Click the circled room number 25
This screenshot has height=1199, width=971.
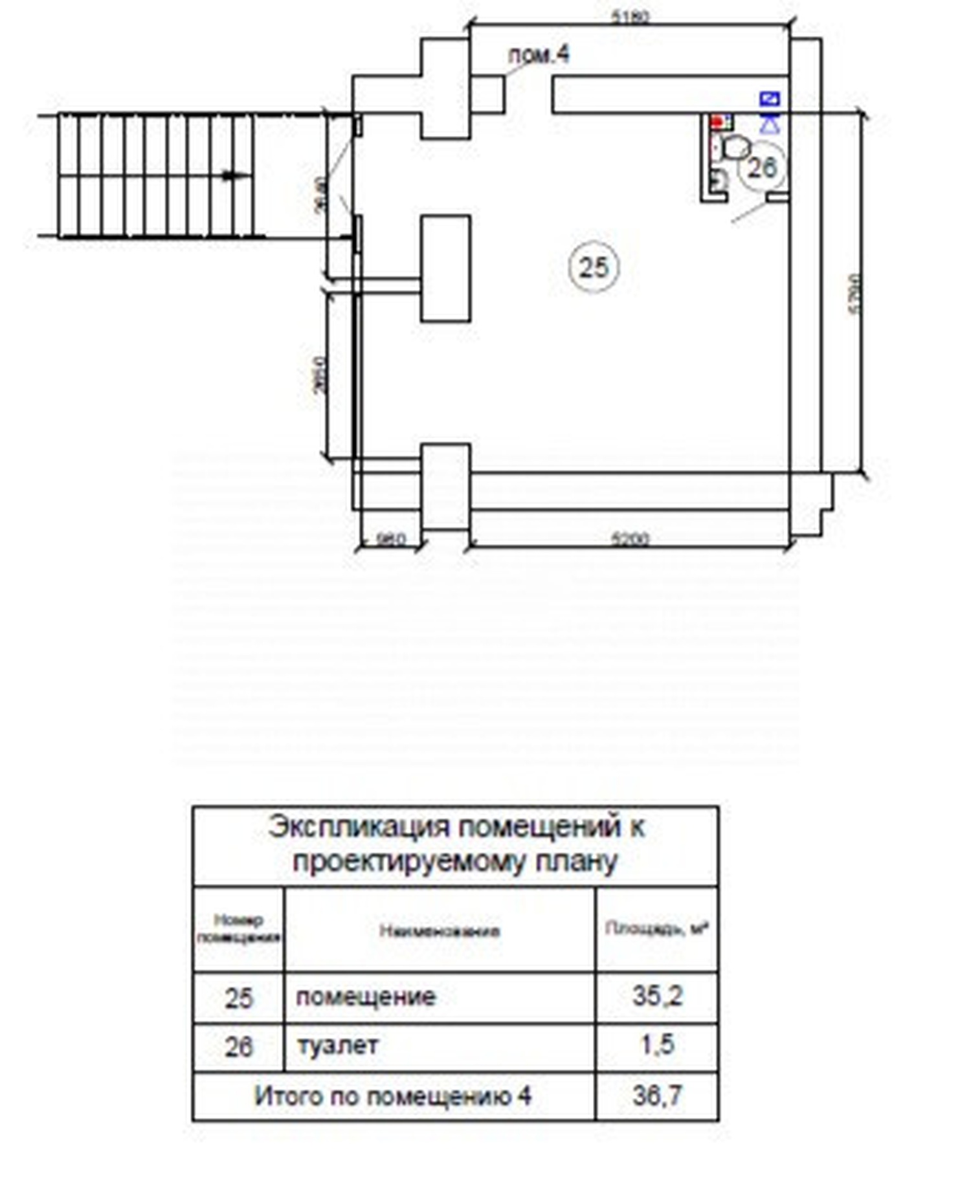tap(594, 267)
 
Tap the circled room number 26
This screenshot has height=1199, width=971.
tap(761, 168)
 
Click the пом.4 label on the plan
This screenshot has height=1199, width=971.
tap(539, 55)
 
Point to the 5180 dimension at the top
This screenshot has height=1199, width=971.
tap(630, 17)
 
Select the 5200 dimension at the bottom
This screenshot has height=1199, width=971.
tap(629, 538)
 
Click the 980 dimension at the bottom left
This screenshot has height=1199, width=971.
tap(390, 539)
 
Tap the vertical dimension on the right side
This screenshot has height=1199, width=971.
tap(854, 294)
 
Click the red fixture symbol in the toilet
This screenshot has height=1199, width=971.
tap(717, 122)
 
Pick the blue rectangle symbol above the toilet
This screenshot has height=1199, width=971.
tap(769, 99)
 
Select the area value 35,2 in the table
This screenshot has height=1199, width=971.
tap(657, 996)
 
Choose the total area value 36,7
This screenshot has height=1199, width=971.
tap(657, 1095)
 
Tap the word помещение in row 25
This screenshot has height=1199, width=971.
tap(366, 996)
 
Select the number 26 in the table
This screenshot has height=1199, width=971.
tap(238, 1046)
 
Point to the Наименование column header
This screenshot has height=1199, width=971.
tap(440, 930)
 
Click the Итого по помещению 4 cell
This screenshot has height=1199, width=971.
tap(393, 1096)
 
